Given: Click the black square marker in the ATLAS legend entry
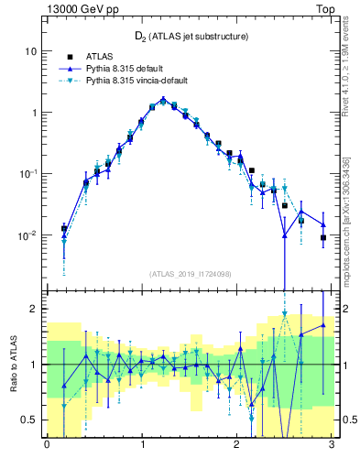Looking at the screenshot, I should point(67,57).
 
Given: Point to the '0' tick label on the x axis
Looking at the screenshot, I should point(47,444).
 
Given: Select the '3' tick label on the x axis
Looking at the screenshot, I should point(333,444).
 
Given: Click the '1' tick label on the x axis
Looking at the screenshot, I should point(142,444).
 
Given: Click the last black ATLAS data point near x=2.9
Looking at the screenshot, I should point(323,238).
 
